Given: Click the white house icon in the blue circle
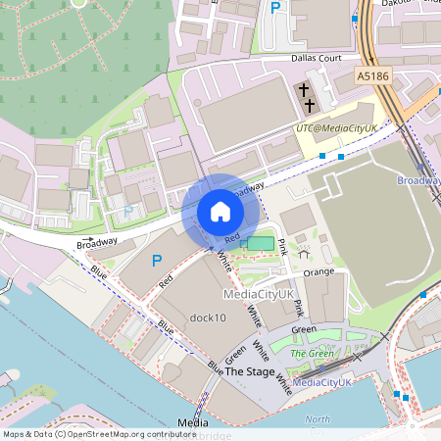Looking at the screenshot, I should pyautogui.click(x=220, y=211).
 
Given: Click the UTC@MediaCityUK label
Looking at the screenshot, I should pyautogui.click(x=336, y=128).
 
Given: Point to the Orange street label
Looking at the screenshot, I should pyautogui.click(x=318, y=271).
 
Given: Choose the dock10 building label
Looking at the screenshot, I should pyautogui.click(x=208, y=318).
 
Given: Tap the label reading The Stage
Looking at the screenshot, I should pyautogui.click(x=250, y=372).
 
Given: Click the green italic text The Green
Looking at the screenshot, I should pyautogui.click(x=315, y=353).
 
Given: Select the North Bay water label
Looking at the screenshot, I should pyautogui.click(x=317, y=419).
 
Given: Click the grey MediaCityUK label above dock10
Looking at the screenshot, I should pyautogui.click(x=259, y=294).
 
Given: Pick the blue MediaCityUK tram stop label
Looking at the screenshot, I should pyautogui.click(x=322, y=381).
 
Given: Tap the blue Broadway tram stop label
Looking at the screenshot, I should pyautogui.click(x=417, y=180).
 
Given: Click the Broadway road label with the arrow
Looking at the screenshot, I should pyautogui.click(x=97, y=241).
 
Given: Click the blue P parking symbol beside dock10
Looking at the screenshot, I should pyautogui.click(x=156, y=262).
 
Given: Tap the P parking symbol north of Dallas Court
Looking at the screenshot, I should pyautogui.click(x=275, y=8).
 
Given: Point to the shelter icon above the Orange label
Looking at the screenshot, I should pyautogui.click(x=302, y=252).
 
